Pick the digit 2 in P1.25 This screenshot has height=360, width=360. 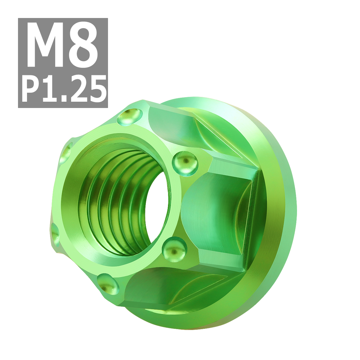pos(79,89)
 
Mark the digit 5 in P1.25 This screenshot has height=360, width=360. pos(97,89)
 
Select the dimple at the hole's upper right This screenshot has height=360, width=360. pos(185,163)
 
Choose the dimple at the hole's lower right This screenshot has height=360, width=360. pos(174,249)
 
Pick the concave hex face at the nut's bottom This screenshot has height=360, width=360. pos(168,288)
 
